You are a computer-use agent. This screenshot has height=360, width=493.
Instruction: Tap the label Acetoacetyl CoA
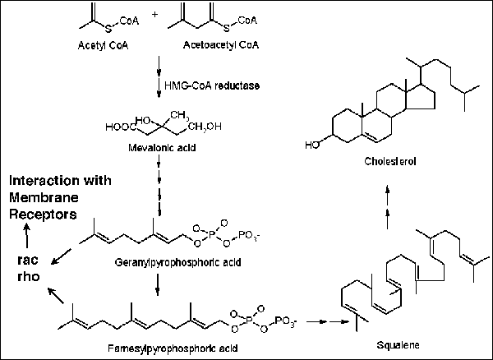[x=218, y=43]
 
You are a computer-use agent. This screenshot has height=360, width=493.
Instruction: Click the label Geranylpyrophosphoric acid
[x=157, y=267]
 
